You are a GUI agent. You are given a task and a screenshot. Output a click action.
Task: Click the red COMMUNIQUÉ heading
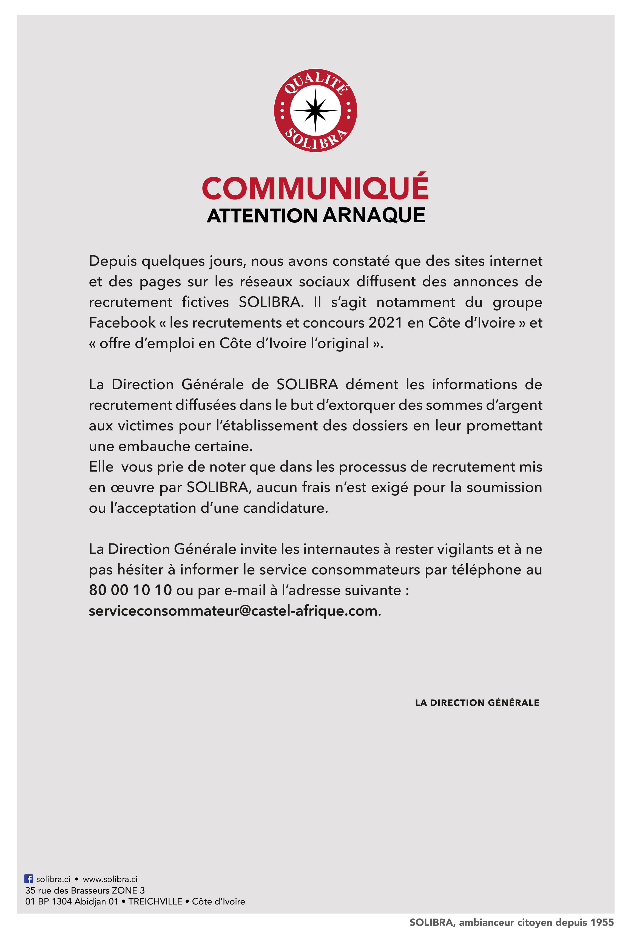[x=315, y=188]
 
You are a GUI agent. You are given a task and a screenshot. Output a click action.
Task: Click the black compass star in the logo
[x=315, y=111]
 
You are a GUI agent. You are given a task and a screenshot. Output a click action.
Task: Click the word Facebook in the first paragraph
[x=122, y=323]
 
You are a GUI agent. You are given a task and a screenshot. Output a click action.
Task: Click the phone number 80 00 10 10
[x=130, y=590]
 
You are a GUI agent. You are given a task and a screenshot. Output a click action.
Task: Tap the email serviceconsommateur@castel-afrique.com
[x=233, y=611]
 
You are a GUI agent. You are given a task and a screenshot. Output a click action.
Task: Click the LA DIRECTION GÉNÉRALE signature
[x=477, y=703]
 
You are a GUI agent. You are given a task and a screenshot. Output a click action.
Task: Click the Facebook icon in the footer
[x=29, y=879]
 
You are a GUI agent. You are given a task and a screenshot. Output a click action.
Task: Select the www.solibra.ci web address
[x=110, y=879]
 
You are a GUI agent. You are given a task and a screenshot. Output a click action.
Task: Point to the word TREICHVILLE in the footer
[x=155, y=901]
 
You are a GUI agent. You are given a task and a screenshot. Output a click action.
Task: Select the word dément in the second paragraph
[x=372, y=385]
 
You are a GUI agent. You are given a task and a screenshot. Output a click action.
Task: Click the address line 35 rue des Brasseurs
[x=85, y=890]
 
